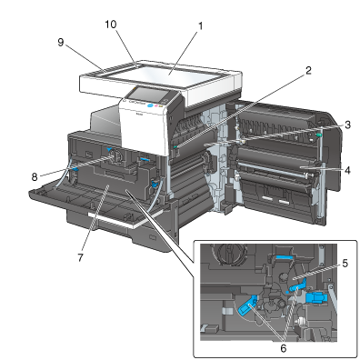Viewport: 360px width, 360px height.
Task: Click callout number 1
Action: (x=200, y=26)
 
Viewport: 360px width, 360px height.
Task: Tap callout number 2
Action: (x=308, y=71)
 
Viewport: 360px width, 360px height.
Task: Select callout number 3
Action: (x=347, y=125)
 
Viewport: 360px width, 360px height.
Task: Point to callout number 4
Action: (x=347, y=170)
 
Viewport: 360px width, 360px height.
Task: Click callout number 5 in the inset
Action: (x=345, y=264)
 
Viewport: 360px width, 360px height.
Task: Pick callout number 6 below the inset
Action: (x=283, y=348)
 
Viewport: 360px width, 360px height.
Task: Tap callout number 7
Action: (x=80, y=257)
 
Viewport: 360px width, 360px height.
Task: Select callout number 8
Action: (x=35, y=176)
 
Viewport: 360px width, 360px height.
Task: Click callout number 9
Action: (x=61, y=43)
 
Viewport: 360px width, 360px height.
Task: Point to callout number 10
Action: (x=111, y=25)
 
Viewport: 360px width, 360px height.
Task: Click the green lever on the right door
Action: (x=318, y=135)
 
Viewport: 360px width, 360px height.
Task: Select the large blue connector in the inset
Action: (x=316, y=297)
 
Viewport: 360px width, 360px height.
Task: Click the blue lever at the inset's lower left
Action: (x=248, y=305)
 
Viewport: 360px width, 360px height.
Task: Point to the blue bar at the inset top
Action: (x=285, y=257)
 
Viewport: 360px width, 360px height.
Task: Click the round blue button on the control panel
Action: (x=149, y=106)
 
